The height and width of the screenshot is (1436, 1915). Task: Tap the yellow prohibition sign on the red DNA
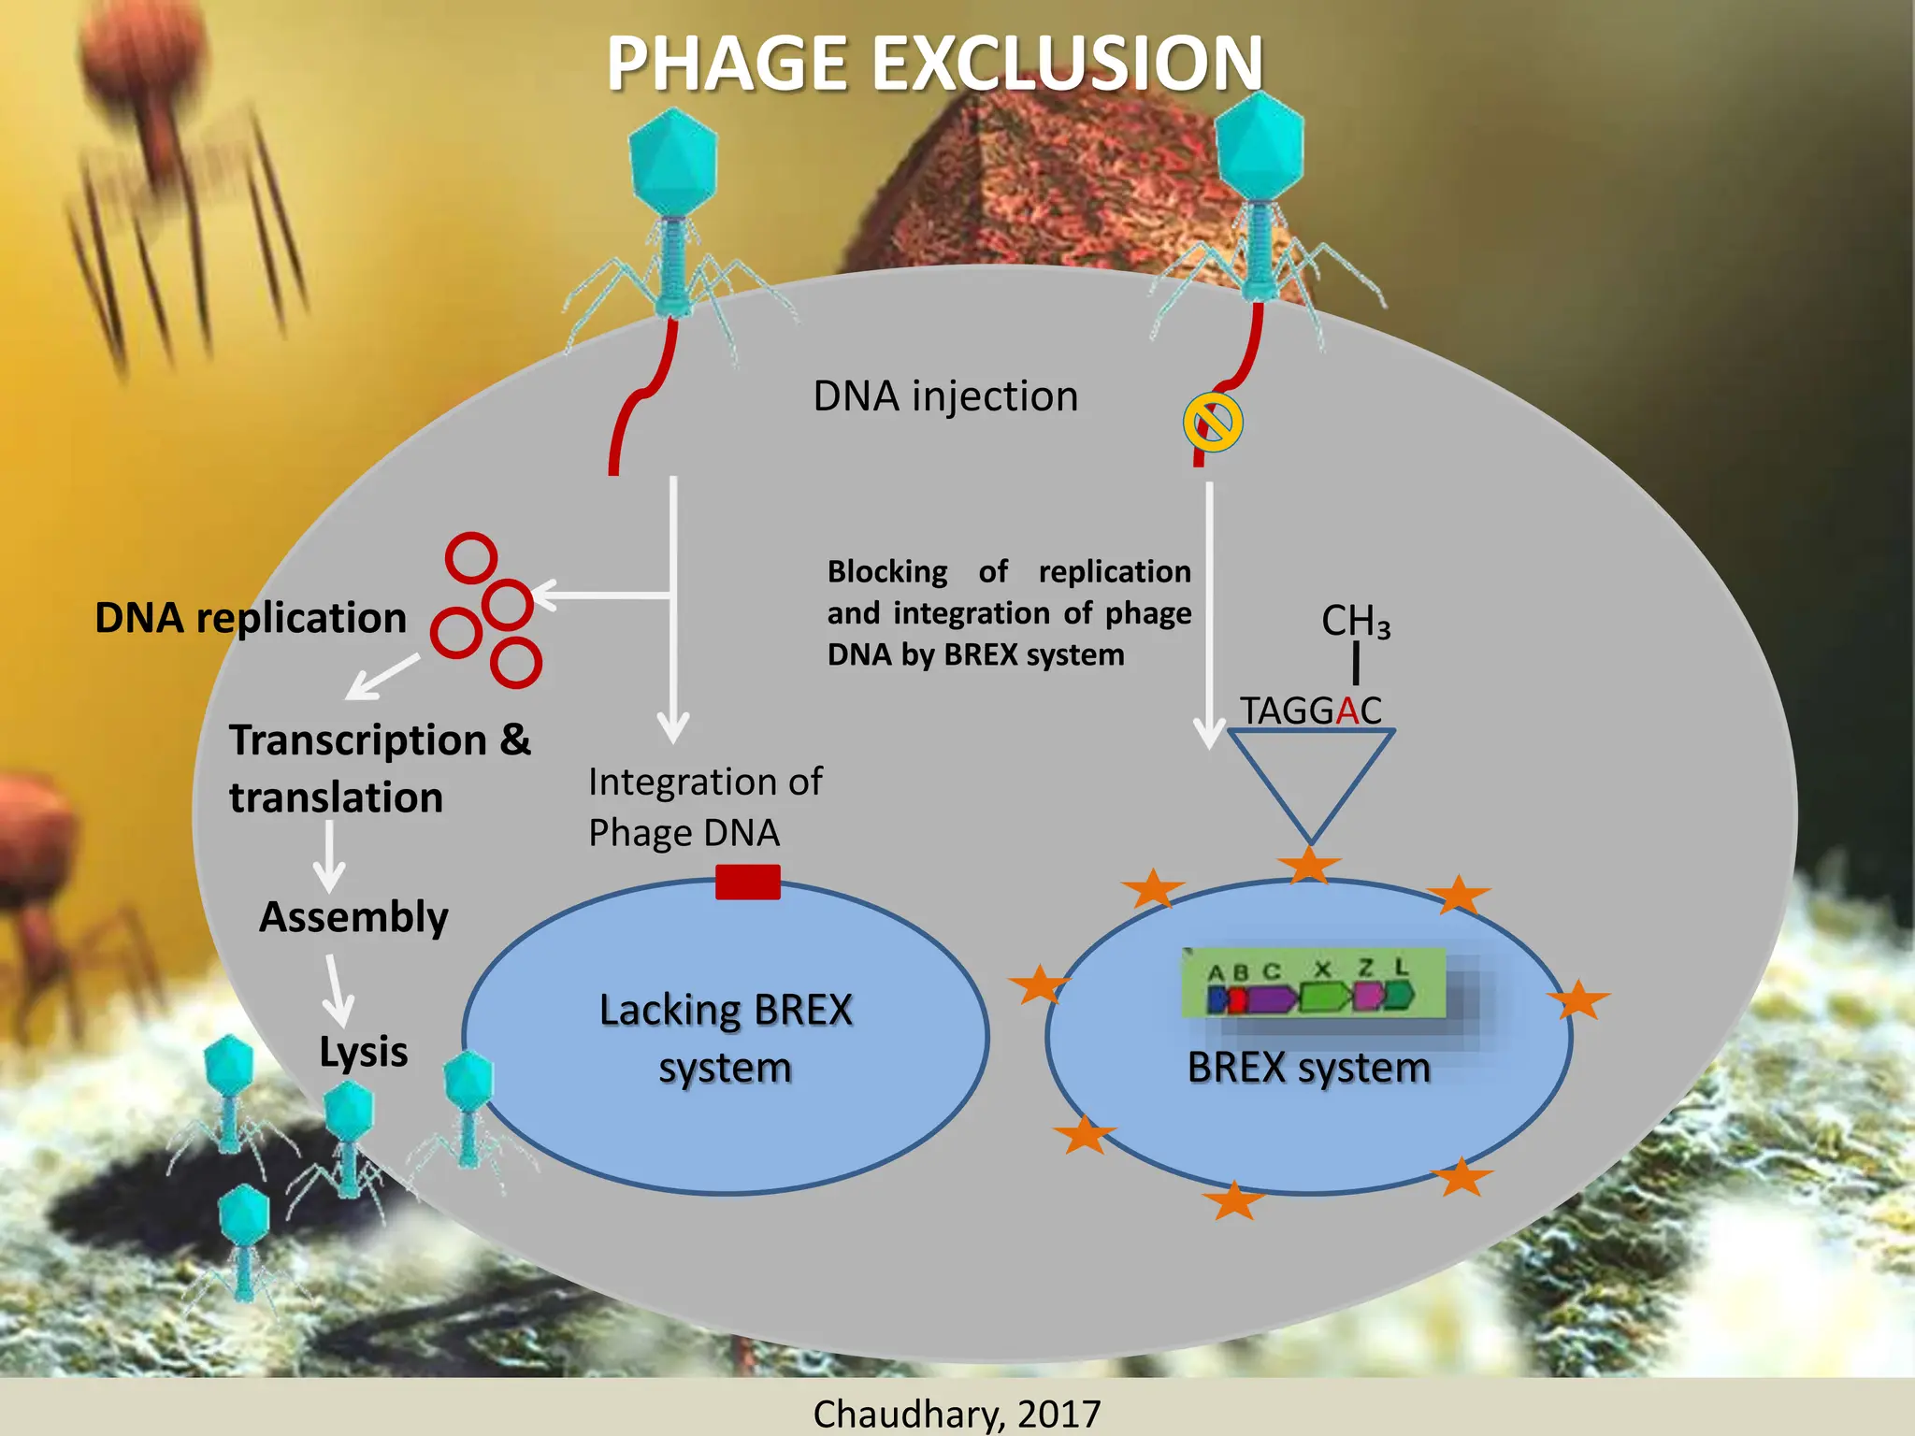[1213, 424]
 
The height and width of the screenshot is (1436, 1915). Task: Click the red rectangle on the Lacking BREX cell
[747, 882]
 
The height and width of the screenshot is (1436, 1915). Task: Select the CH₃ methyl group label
[1355, 621]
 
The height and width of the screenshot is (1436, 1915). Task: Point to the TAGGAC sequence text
[1310, 711]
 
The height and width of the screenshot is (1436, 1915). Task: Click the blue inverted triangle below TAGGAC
[1311, 776]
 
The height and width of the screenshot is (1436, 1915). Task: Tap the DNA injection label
[945, 396]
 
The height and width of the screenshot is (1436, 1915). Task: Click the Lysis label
[363, 1052]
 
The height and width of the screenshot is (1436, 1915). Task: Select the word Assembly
[353, 917]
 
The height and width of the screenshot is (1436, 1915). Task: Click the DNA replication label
[251, 618]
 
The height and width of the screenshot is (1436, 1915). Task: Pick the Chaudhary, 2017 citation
[957, 1413]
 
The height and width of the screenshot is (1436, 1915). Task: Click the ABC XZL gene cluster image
[1313, 984]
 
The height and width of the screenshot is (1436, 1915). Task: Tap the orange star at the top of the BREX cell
[1309, 865]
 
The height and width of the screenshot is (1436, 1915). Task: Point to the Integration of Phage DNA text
[705, 807]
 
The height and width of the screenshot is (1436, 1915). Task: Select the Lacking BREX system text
[726, 1038]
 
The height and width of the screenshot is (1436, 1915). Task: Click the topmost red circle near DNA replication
[470, 558]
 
